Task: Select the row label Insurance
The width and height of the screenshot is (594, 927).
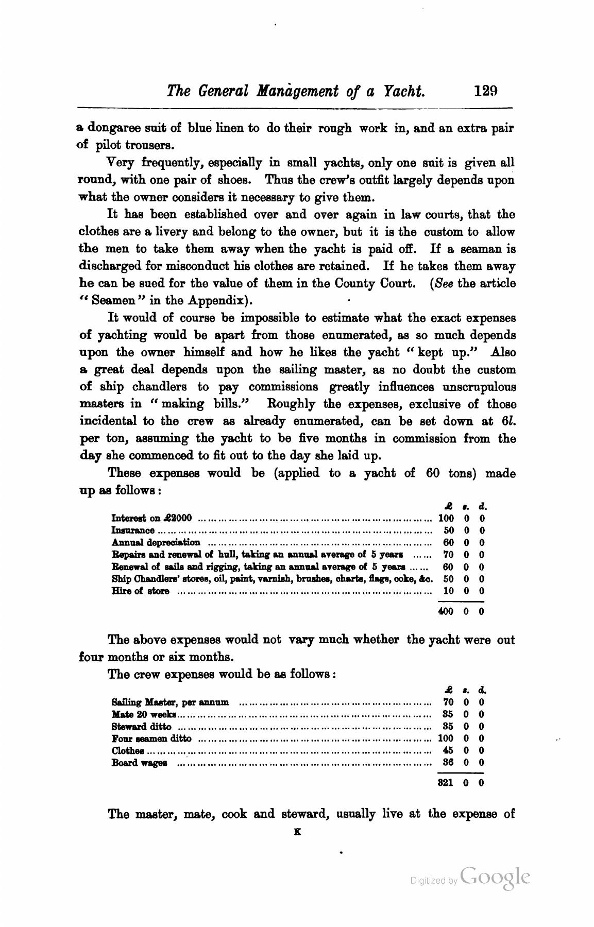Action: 133,530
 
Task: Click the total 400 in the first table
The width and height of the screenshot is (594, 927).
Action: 445,612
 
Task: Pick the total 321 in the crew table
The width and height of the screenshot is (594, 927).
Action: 445,783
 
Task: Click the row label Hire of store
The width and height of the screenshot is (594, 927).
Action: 140,591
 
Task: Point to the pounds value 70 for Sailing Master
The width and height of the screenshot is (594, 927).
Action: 448,702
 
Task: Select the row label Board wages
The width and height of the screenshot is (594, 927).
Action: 139,763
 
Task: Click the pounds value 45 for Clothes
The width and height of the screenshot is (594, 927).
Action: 448,750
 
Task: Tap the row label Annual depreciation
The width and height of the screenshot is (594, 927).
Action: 156,542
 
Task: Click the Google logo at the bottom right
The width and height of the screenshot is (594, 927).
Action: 495,877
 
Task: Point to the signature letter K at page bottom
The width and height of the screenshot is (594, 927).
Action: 297,831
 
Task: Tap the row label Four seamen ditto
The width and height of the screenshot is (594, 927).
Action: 151,739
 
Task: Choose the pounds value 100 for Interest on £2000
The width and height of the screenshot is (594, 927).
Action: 446,518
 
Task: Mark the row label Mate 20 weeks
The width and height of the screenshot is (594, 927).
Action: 144,714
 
